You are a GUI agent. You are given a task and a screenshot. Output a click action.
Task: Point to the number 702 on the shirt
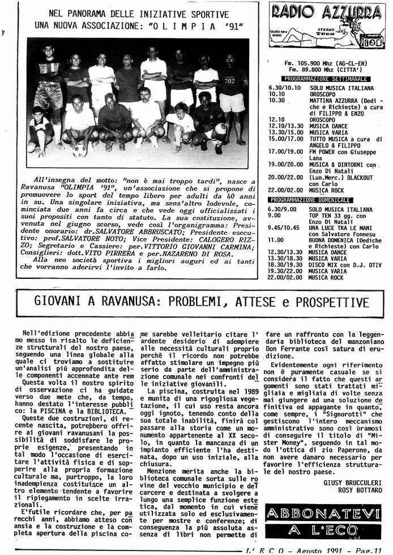tap(229, 81)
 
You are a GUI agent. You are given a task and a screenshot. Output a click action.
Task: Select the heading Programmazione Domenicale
tap(318, 200)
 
